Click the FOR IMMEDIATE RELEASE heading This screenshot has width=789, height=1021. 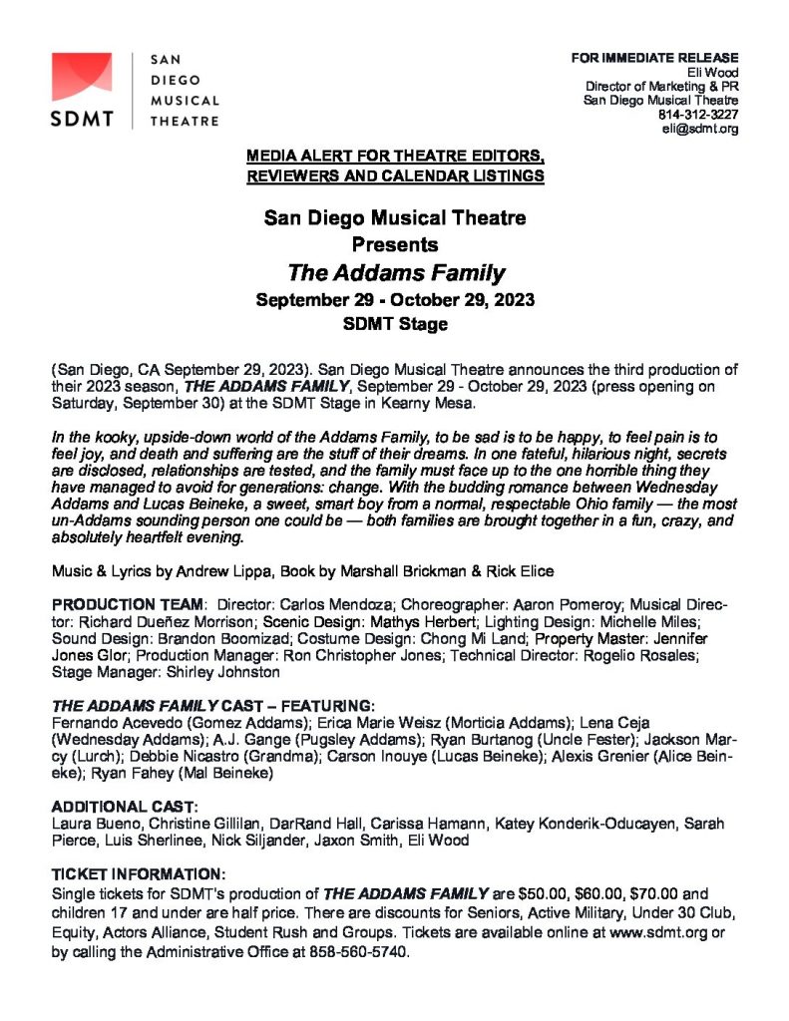[654, 58]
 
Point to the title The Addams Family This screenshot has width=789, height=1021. [396, 272]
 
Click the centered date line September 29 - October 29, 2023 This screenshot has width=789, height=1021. [396, 299]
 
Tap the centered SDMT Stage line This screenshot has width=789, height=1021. [396, 324]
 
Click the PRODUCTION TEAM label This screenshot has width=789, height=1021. [128, 604]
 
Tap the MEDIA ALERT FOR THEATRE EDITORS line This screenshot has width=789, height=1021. [396, 158]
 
